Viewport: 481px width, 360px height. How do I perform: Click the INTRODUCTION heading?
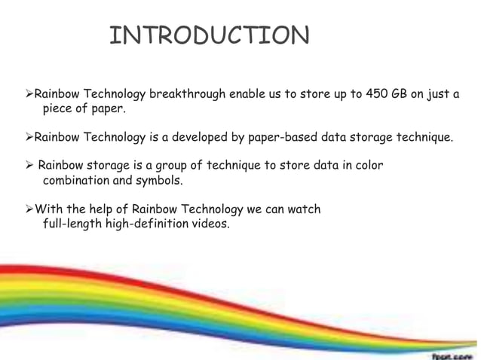(209, 36)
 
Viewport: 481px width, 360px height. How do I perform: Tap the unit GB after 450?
(401, 94)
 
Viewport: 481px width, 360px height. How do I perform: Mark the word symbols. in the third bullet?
(161, 181)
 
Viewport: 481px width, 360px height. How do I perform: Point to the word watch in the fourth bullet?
(305, 209)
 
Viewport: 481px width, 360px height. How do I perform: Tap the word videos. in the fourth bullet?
(210, 224)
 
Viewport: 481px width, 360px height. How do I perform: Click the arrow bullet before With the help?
(30, 209)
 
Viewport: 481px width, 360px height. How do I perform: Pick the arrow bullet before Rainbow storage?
(30, 166)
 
